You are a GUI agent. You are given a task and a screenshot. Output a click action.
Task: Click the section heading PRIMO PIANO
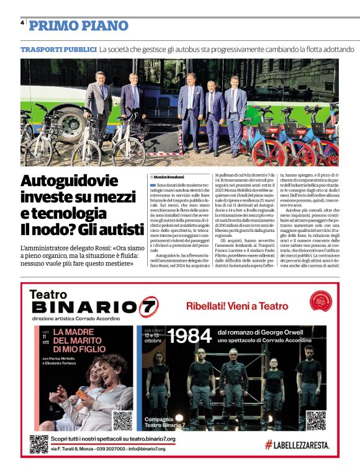click(78, 25)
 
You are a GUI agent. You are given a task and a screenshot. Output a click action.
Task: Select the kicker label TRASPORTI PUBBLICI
click(58, 48)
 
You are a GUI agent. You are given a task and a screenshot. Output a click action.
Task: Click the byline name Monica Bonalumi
click(168, 177)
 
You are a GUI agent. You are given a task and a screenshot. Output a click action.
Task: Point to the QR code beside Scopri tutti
click(38, 443)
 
